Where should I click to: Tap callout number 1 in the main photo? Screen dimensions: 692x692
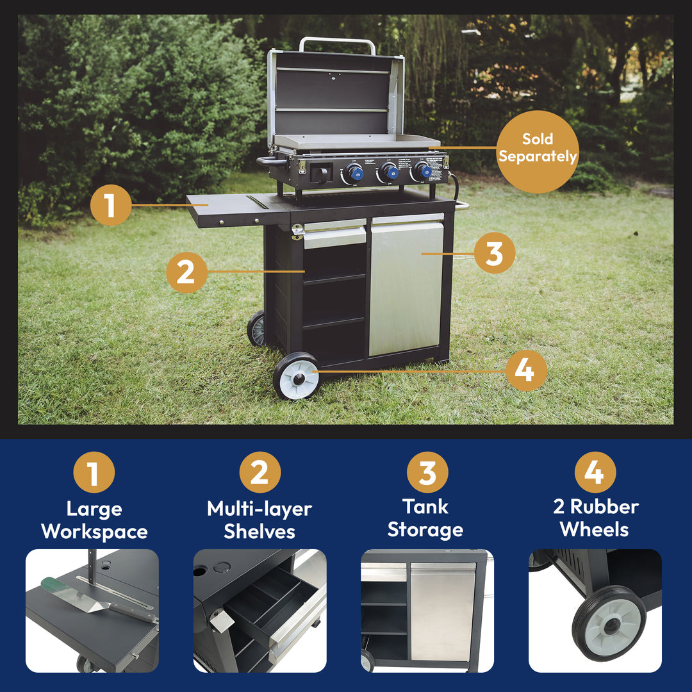coord(111,206)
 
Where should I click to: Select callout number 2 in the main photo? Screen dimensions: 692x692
coord(186,272)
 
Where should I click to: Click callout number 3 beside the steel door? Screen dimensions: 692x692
coord(494,254)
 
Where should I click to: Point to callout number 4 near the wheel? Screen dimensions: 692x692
coord(525,370)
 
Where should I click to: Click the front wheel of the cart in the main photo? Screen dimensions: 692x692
coord(297,376)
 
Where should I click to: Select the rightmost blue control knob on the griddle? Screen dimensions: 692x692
coord(423,170)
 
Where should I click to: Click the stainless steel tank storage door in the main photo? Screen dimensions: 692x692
coord(406,288)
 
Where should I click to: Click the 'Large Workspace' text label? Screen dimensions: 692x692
coord(94,520)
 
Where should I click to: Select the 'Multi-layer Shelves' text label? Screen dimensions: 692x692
coord(259,520)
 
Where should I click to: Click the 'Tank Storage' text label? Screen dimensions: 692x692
coord(425,518)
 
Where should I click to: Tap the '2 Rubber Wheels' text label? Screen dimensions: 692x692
coord(595,518)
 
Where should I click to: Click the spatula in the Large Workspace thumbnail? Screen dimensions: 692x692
coord(96,598)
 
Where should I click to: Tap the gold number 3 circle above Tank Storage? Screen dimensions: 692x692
coord(427,473)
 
